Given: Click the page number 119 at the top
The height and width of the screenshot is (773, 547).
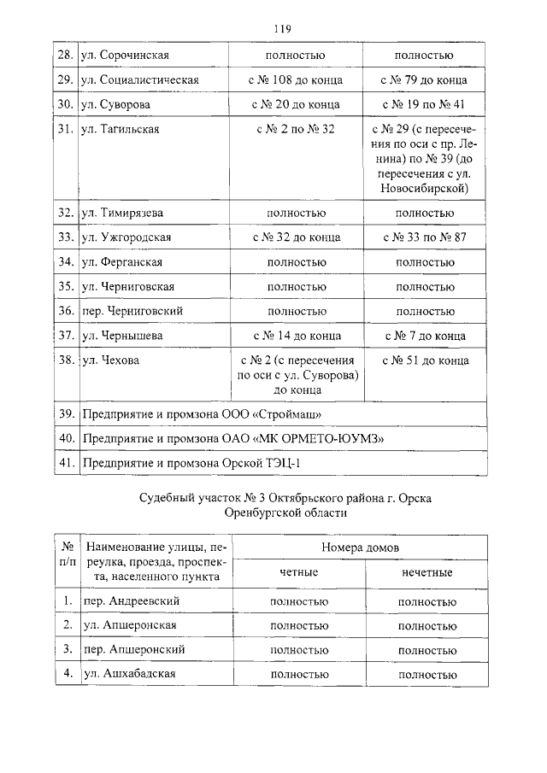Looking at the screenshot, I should point(283,28).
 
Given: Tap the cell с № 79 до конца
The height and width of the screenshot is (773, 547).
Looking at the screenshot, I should point(424,80).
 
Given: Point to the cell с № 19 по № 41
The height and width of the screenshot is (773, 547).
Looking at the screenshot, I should point(424,105).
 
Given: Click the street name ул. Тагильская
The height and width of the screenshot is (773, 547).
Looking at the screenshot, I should point(121,130).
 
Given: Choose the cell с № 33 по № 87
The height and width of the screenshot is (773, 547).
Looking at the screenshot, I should point(424,237).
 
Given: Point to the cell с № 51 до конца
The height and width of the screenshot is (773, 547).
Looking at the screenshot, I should point(425,360).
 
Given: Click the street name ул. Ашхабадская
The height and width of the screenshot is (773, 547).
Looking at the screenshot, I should point(129,674).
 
